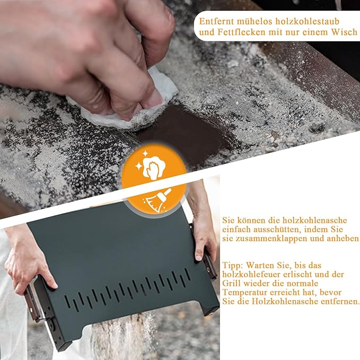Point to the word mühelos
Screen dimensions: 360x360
255,22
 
